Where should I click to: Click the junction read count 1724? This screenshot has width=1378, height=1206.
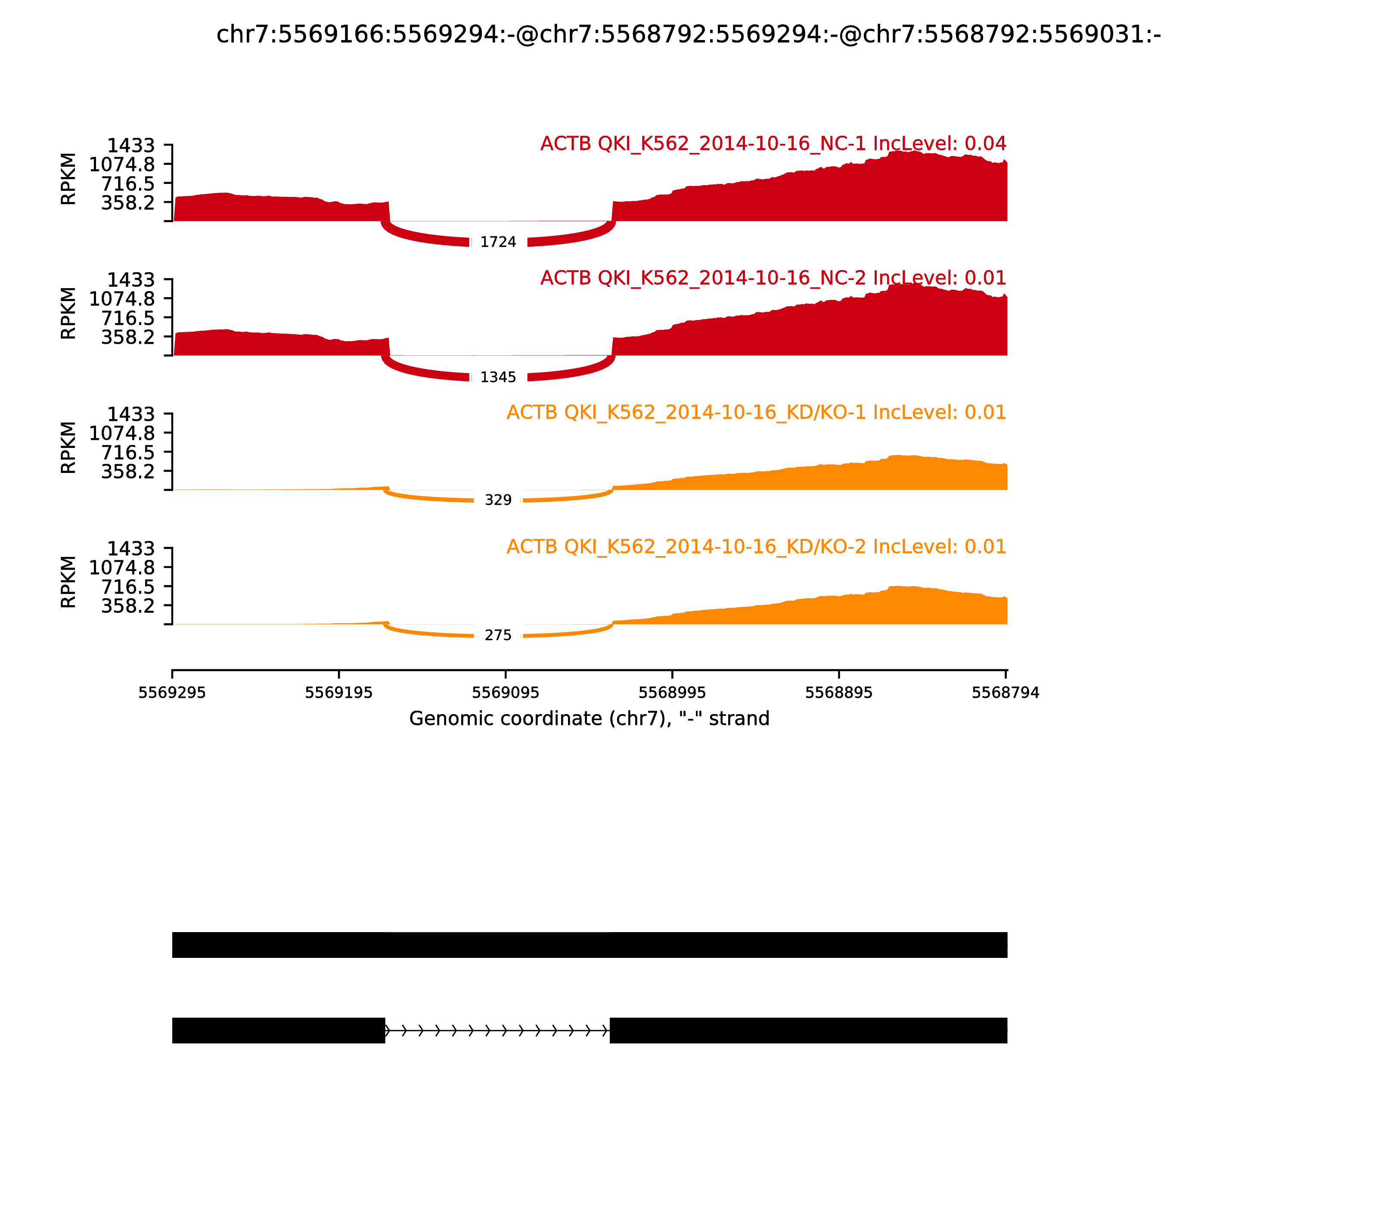click(498, 242)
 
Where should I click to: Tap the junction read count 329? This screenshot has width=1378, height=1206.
click(498, 500)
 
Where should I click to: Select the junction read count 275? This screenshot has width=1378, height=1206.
click(498, 635)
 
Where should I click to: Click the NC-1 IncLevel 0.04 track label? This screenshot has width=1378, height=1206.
click(773, 144)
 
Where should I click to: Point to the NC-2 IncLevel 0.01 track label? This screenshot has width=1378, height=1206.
click(773, 278)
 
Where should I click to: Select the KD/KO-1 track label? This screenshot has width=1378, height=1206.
click(756, 413)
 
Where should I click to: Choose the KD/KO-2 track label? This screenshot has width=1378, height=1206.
click(756, 547)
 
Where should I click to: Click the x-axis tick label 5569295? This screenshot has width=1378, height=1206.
click(172, 693)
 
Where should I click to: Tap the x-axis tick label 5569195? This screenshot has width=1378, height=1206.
click(338, 693)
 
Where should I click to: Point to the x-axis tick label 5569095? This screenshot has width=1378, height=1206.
click(505, 693)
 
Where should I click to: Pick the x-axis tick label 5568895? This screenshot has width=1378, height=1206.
click(838, 693)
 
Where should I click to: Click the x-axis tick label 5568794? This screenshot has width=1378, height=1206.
click(1005, 693)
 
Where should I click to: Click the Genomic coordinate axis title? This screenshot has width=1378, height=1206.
click(589, 719)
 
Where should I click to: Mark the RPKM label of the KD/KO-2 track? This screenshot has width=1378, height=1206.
click(68, 582)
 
